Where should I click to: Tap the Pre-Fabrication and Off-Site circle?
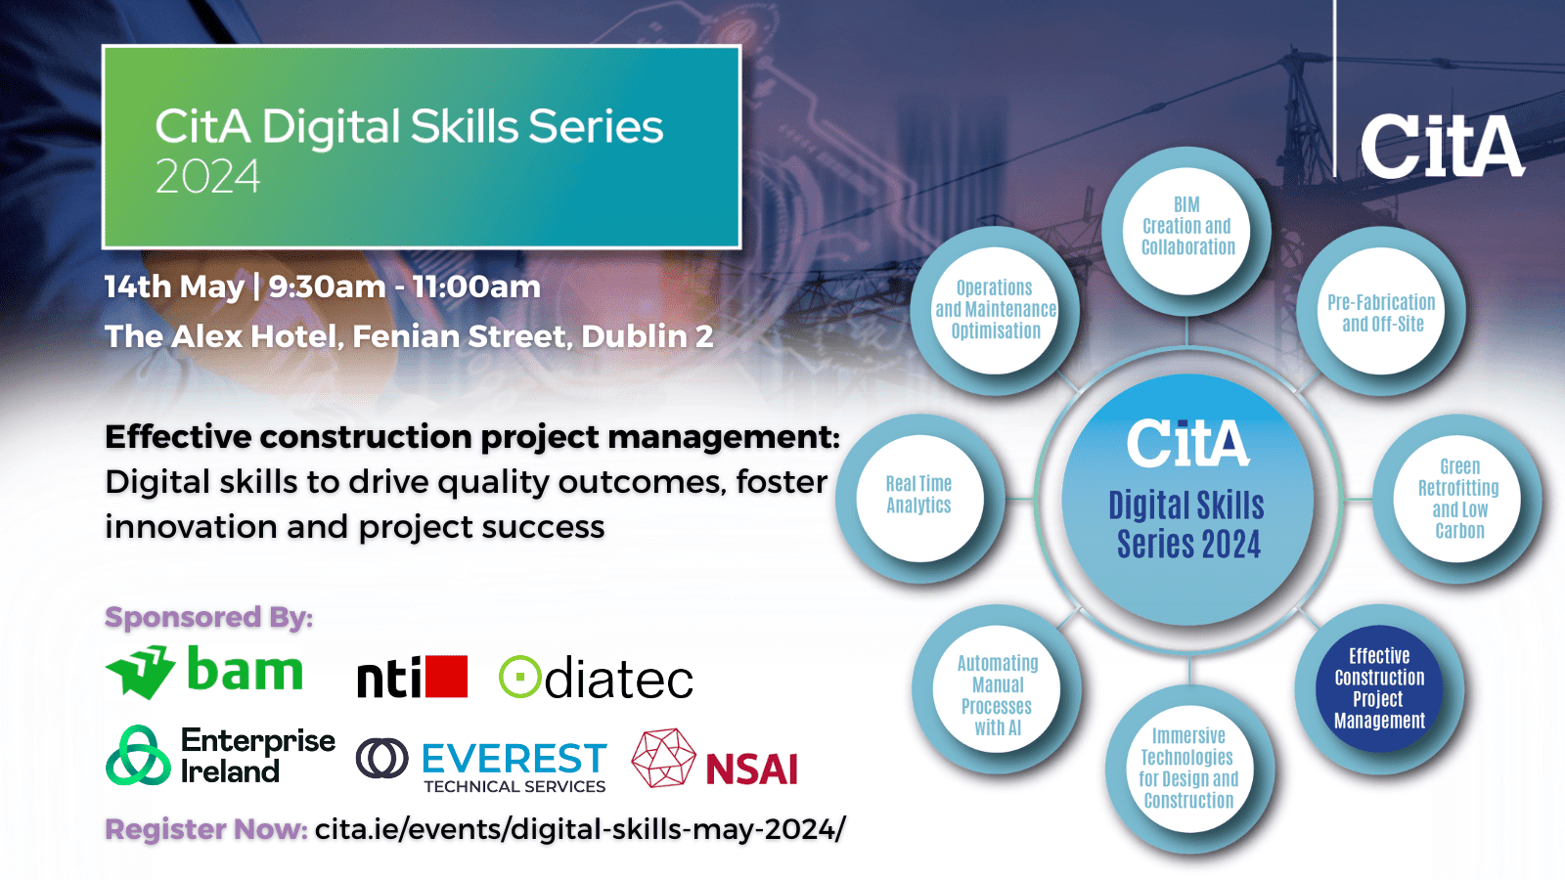[1381, 311]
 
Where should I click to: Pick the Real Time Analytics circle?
[919, 498]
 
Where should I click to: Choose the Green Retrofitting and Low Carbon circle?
[1457, 498]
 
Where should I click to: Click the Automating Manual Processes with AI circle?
[997, 688]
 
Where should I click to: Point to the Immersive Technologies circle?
[1189, 769]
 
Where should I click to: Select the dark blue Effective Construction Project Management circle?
[1379, 688]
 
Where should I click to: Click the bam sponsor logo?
[204, 671]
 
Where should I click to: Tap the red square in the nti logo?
[446, 676]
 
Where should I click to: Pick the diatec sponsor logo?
[596, 677]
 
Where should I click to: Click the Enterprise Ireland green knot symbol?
[138, 755]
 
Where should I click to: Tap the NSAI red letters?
[752, 769]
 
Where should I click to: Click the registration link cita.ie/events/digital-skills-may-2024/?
[580, 829]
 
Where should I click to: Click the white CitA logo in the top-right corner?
[1442, 146]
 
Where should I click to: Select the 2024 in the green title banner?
[207, 176]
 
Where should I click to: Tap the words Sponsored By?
[209, 617]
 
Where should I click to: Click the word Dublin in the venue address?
[635, 336]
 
